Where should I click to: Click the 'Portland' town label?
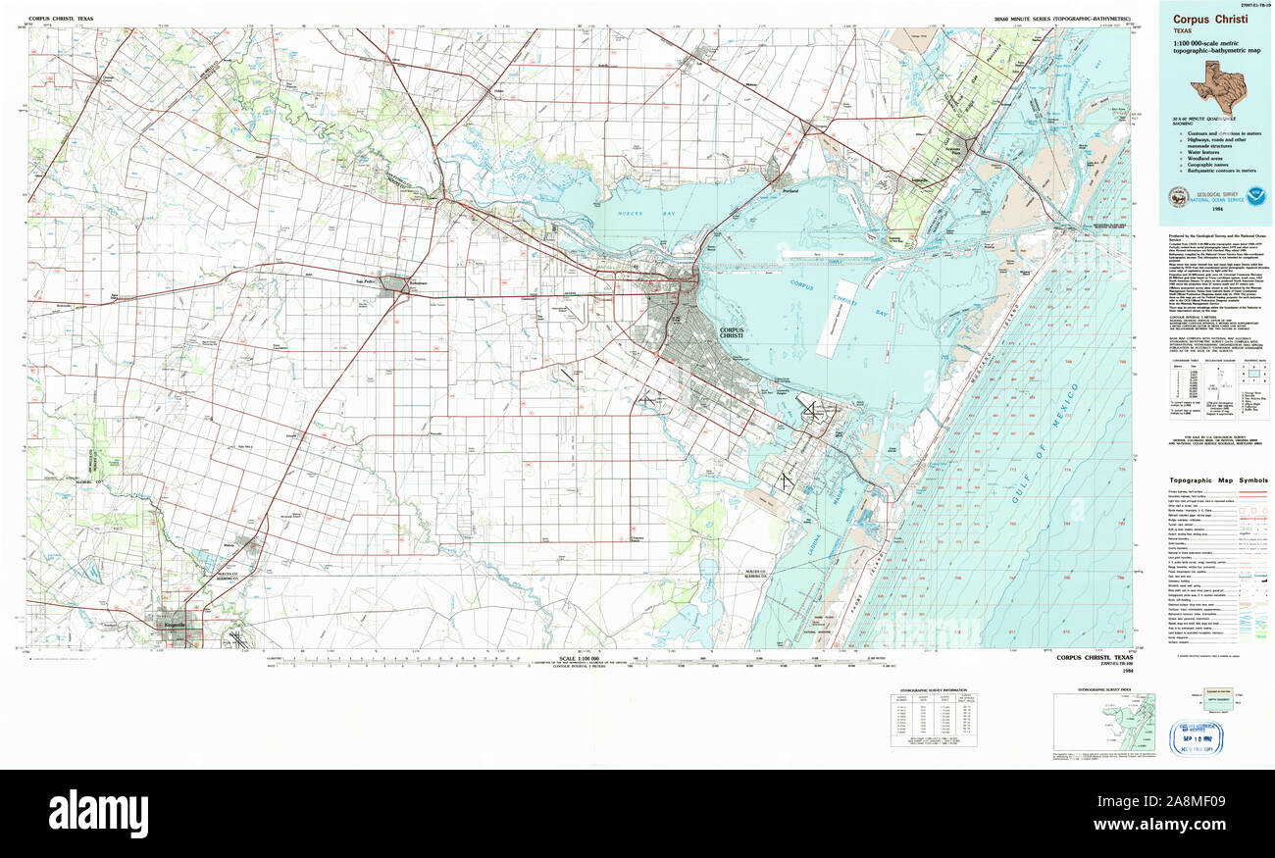[791, 191]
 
